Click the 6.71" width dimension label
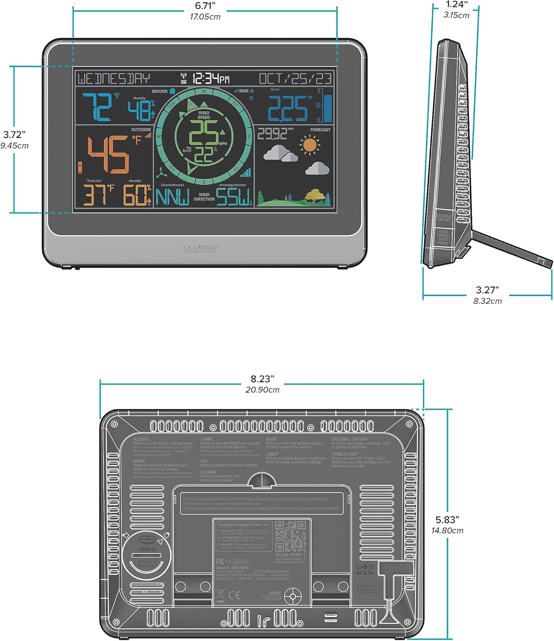point(205,6)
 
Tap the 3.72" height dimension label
point(15,135)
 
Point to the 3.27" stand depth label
point(487,290)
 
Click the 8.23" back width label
point(262,379)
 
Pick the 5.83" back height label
point(447,520)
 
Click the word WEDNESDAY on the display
point(114,79)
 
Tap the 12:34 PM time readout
point(211,78)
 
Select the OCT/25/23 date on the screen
point(295,79)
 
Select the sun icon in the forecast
point(309,144)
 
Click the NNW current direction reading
point(172,197)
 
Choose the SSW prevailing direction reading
point(233,197)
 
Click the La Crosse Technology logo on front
point(201,249)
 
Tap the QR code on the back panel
point(290,536)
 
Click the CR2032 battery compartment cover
point(147,556)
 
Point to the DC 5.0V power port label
point(365,572)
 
